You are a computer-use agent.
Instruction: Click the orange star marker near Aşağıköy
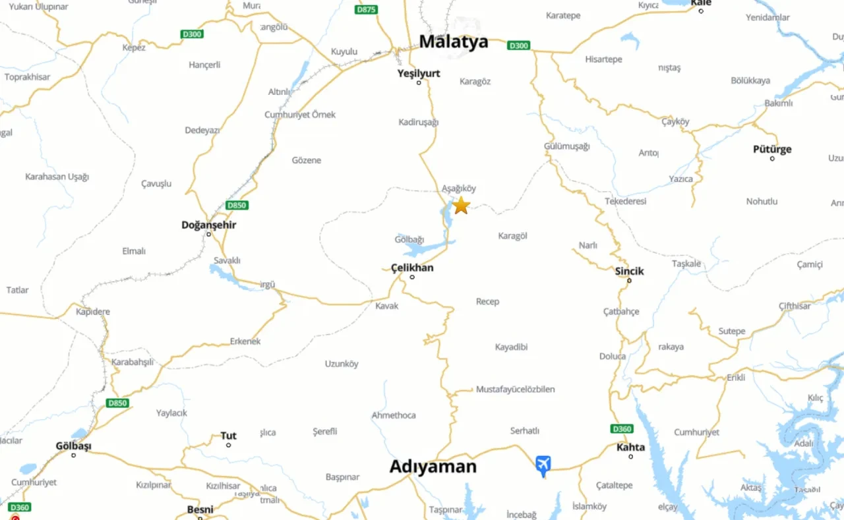[462, 205]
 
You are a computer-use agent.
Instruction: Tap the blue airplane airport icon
[543, 465]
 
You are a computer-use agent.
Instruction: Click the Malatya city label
[454, 42]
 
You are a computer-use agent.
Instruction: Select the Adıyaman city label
[433, 467]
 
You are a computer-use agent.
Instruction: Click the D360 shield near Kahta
[622, 429]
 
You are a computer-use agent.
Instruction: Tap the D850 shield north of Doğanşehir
[236, 205]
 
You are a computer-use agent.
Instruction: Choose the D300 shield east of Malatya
[518, 45]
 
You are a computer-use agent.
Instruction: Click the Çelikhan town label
[412, 268]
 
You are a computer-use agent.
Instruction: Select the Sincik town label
[629, 271]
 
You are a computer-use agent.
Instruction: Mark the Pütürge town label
[772, 149]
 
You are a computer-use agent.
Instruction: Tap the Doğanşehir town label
[208, 225]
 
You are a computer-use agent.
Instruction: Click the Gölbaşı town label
[73, 446]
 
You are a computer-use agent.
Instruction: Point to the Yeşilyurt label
[419, 73]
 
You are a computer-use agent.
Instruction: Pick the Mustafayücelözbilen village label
[515, 390]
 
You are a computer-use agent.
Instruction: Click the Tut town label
[228, 436]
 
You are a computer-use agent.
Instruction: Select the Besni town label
[200, 509]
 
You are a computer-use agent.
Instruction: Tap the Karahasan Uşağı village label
[57, 177]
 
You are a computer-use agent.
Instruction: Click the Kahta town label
[630, 447]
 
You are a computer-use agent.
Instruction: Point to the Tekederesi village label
[625, 201]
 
